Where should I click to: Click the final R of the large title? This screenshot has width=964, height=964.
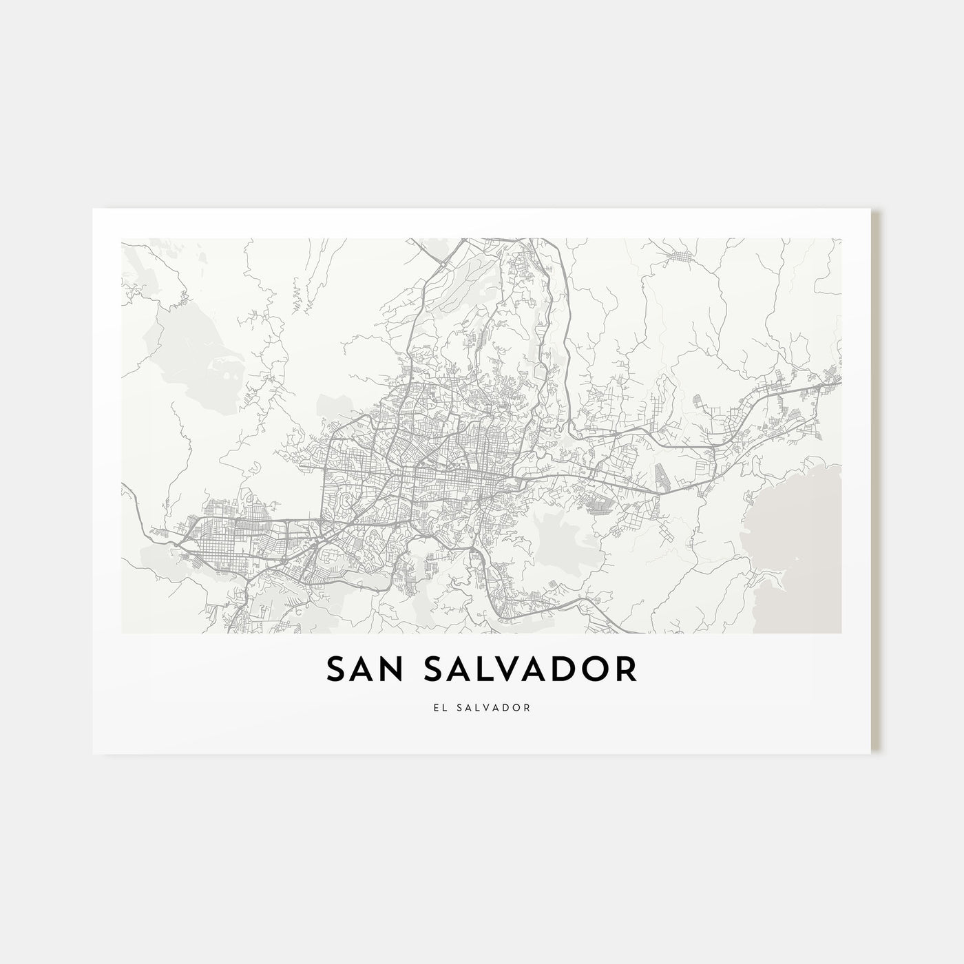tap(627, 669)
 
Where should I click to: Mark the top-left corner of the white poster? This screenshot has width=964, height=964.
tap(93, 209)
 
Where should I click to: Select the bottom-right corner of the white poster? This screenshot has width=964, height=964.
tap(870, 753)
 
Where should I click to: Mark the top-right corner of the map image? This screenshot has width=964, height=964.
tap(841, 239)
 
